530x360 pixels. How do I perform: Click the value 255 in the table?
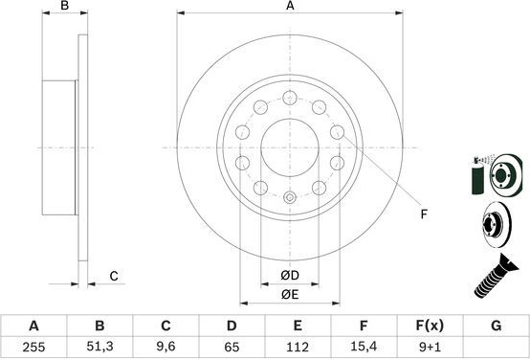pos(33,347)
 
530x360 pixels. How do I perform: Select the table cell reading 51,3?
pos(99,347)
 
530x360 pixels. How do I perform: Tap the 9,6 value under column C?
pos(166,347)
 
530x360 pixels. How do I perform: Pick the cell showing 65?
pos(232,347)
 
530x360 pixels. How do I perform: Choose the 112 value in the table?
pos(298,347)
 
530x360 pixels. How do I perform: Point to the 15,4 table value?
pos(364,347)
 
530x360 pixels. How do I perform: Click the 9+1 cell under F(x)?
pos(430,347)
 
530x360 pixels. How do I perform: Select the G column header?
pos(496,326)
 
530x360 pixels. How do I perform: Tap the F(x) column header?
pos(430,326)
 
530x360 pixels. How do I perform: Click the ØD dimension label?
pos(290,276)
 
